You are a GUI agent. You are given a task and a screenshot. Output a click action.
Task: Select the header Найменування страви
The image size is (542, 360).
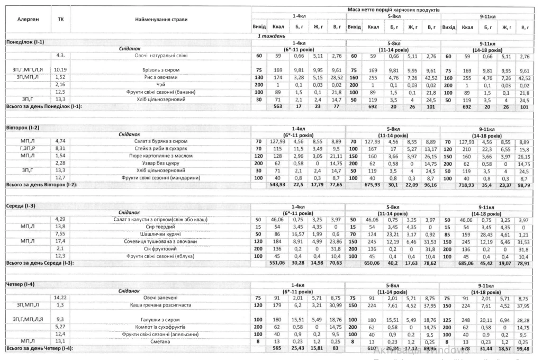[x=160, y=19]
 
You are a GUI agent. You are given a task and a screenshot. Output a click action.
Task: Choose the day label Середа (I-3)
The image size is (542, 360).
[x=21, y=206]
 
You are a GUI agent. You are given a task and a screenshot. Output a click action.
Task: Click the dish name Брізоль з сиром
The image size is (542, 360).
[x=160, y=70]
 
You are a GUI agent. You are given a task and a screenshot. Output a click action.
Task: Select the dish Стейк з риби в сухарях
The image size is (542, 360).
[x=160, y=150]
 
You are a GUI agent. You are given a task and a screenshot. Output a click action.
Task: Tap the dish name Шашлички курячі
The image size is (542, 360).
[x=160, y=234]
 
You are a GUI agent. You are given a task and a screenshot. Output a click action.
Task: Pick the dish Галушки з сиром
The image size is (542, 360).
[x=160, y=320]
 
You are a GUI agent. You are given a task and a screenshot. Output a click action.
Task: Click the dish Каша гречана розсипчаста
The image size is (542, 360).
[x=160, y=305]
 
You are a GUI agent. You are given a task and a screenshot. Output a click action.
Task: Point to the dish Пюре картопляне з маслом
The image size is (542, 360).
[x=160, y=157]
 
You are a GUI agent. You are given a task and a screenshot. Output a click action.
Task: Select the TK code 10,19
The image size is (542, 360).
[x=60, y=70]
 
